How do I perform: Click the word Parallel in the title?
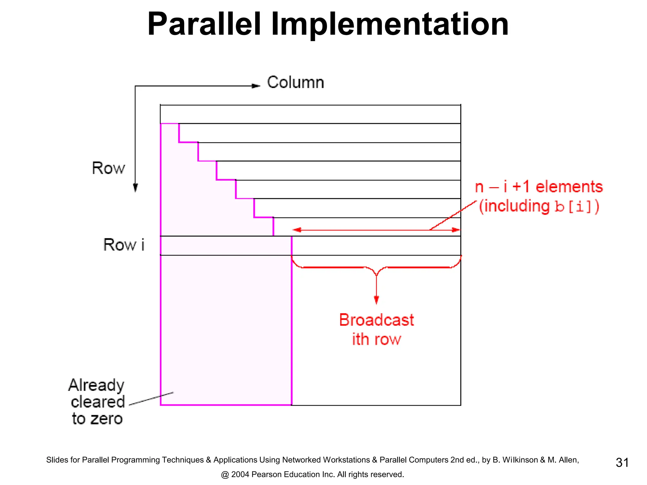tap(204, 25)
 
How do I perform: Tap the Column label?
tap(295, 83)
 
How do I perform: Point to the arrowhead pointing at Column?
tap(256, 86)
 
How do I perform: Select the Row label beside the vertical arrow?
tap(108, 168)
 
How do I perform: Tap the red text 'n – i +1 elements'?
tap(539, 187)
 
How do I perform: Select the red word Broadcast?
tap(376, 320)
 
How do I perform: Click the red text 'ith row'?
tap(376, 339)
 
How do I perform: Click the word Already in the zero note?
tap(96, 386)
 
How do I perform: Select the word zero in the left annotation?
tap(106, 419)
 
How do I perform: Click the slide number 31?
tap(622, 463)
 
